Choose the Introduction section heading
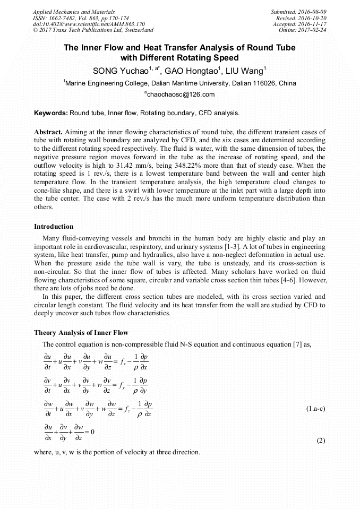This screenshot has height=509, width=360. [x=54, y=227]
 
